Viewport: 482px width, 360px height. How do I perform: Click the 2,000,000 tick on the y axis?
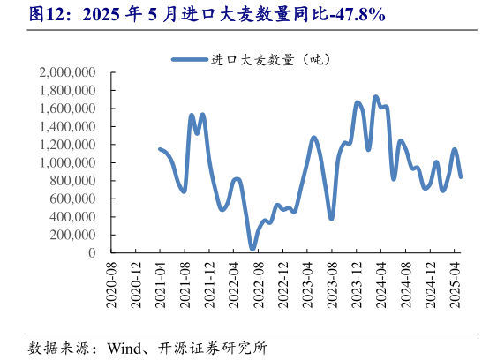click(68, 72)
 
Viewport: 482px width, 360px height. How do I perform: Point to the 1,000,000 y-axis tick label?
click(68, 162)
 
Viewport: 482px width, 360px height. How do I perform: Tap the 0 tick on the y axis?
click(92, 253)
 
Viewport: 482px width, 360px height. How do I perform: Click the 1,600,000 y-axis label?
click(68, 109)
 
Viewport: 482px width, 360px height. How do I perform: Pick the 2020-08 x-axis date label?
click(112, 284)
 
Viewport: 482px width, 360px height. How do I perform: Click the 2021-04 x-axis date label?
click(161, 284)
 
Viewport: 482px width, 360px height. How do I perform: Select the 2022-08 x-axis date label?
click(259, 284)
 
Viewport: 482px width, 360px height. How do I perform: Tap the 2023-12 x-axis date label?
click(357, 284)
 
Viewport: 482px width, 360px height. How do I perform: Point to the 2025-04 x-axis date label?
click(455, 284)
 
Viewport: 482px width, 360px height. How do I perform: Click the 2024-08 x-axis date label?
click(406, 284)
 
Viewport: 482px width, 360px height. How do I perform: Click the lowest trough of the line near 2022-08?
click(252, 249)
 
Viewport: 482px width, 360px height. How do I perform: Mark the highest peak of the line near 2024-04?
click(376, 97)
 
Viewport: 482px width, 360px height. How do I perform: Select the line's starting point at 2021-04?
click(160, 149)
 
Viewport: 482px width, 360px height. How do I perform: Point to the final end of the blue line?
click(460, 176)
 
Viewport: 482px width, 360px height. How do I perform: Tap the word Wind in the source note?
click(125, 347)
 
